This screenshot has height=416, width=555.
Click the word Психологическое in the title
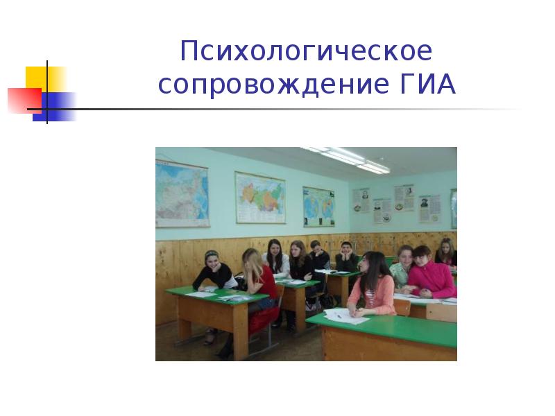(306, 52)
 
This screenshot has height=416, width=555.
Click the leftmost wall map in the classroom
(181, 193)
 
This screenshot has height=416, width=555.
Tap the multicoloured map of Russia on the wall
(260, 197)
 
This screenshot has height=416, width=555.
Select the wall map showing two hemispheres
(318, 206)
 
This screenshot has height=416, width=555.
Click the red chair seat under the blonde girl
(264, 320)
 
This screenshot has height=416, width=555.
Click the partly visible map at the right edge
(454, 208)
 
